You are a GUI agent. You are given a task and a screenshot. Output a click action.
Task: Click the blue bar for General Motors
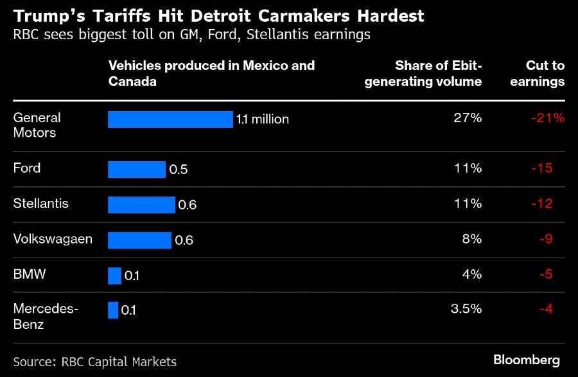click(x=170, y=119)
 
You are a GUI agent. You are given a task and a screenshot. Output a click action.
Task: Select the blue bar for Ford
click(x=137, y=170)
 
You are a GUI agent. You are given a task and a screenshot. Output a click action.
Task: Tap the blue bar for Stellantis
click(x=141, y=205)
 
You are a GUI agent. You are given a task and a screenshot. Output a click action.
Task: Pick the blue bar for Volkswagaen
click(x=139, y=240)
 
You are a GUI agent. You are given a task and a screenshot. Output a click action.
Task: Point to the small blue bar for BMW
click(x=114, y=276)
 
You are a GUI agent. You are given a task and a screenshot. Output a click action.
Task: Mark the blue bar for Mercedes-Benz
click(x=113, y=310)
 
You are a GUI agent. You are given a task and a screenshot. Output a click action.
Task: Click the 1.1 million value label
click(x=263, y=119)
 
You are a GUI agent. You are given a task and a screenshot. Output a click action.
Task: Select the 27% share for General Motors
click(x=468, y=118)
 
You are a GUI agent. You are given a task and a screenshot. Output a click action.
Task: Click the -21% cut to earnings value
click(x=548, y=118)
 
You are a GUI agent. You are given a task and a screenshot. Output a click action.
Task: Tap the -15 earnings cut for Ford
click(x=542, y=168)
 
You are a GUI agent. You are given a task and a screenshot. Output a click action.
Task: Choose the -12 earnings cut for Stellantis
click(x=542, y=204)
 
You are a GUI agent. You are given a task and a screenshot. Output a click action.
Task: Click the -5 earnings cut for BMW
click(x=545, y=274)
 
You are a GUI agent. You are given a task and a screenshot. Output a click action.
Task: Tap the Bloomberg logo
click(x=526, y=360)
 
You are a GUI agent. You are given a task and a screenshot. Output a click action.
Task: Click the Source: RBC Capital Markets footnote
click(x=94, y=361)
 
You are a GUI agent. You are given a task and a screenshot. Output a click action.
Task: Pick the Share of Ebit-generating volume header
click(x=423, y=73)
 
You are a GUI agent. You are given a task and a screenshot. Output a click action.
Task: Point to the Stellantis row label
click(x=40, y=204)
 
